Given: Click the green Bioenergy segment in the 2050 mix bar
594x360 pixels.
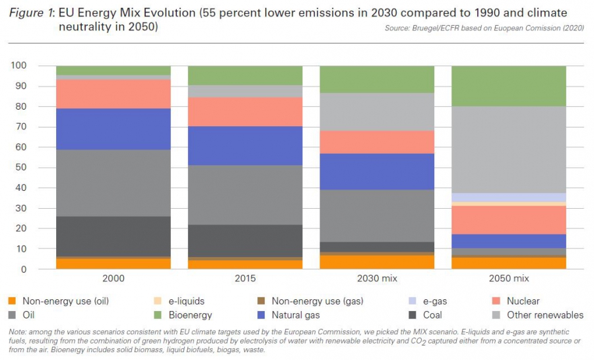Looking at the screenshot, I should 509,86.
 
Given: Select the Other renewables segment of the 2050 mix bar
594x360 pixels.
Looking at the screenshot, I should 509,149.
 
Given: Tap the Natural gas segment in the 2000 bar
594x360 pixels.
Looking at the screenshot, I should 114,129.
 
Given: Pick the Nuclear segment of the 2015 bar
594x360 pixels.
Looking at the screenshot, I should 245,111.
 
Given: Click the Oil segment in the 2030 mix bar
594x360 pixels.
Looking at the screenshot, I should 377,215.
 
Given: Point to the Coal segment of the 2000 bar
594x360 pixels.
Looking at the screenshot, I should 114,236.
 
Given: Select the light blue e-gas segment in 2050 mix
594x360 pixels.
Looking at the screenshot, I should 509,197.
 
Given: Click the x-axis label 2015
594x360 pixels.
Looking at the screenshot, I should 245,279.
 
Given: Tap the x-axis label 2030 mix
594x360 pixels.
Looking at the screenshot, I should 377,279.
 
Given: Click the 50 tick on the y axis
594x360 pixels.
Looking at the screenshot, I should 20,167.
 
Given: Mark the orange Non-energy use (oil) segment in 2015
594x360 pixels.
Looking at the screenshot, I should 245,264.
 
